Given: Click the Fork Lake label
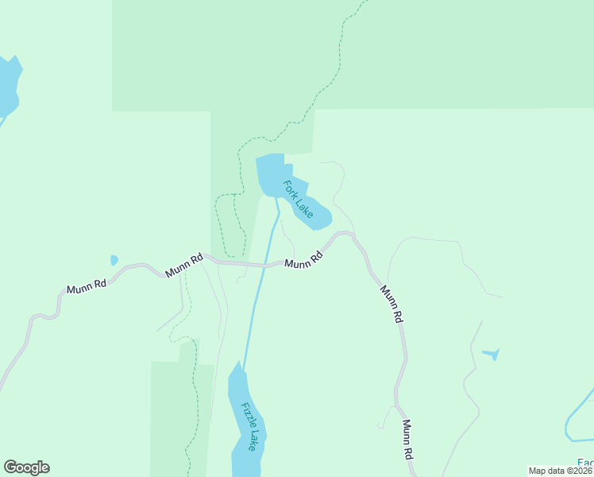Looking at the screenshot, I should click(x=298, y=198).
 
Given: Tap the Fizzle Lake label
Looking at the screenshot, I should click(x=249, y=426).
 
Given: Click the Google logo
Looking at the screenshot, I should click(x=26, y=467).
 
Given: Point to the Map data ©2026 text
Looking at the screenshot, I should click(x=561, y=471).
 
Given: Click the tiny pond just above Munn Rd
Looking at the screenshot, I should click(x=114, y=260).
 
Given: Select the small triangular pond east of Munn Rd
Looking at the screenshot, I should click(x=492, y=353).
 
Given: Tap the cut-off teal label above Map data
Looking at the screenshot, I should click(x=585, y=463).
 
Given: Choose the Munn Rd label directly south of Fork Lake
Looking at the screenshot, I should click(x=303, y=260).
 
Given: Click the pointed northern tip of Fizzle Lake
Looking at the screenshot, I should click(x=236, y=363).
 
